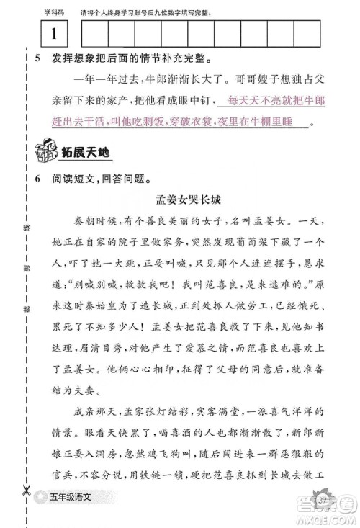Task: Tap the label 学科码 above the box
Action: tap(55, 12)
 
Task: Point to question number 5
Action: tap(37, 59)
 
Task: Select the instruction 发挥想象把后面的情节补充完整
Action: tap(127, 59)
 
